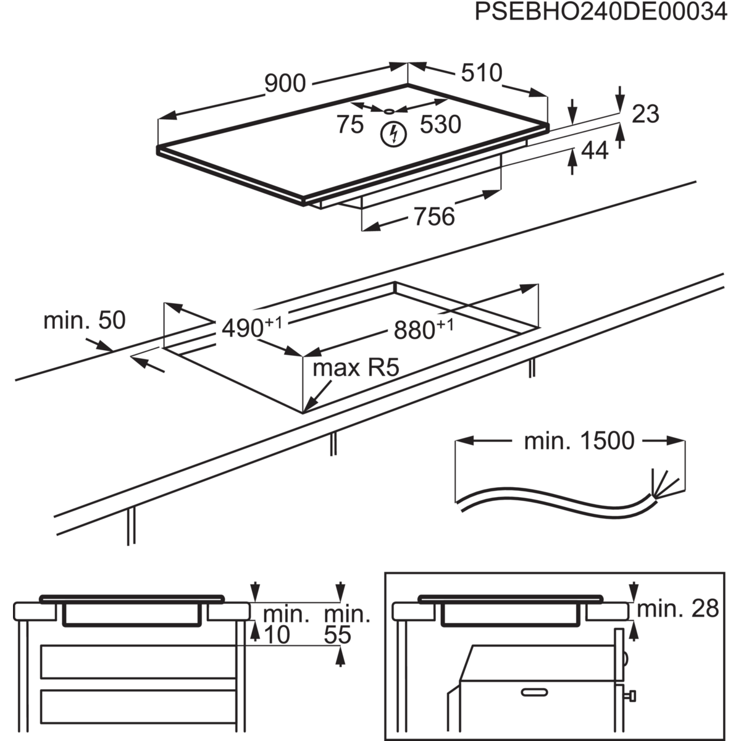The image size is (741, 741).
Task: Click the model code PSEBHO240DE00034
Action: [601, 12]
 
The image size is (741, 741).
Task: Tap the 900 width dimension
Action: [285, 83]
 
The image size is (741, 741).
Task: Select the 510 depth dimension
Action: [482, 72]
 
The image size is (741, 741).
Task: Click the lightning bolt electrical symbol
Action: [393, 135]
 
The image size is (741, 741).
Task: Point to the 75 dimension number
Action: [350, 124]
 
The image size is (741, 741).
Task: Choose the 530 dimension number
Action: [440, 124]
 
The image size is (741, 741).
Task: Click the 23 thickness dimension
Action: [645, 114]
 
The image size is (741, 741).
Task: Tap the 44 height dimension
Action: [595, 150]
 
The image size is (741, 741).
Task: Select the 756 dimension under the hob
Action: [434, 216]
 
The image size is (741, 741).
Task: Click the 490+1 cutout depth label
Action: [252, 327]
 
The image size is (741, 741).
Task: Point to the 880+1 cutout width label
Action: [424, 329]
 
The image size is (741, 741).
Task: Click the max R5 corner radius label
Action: [356, 367]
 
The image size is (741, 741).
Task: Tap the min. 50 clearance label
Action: [85, 320]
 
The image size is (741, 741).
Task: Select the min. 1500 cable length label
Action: [579, 441]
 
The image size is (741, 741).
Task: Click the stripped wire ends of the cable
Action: [664, 484]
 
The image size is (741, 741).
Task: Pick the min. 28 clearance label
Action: [678, 609]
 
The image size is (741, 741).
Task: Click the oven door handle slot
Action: [535, 692]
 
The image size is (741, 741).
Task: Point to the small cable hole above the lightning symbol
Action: [389, 112]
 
